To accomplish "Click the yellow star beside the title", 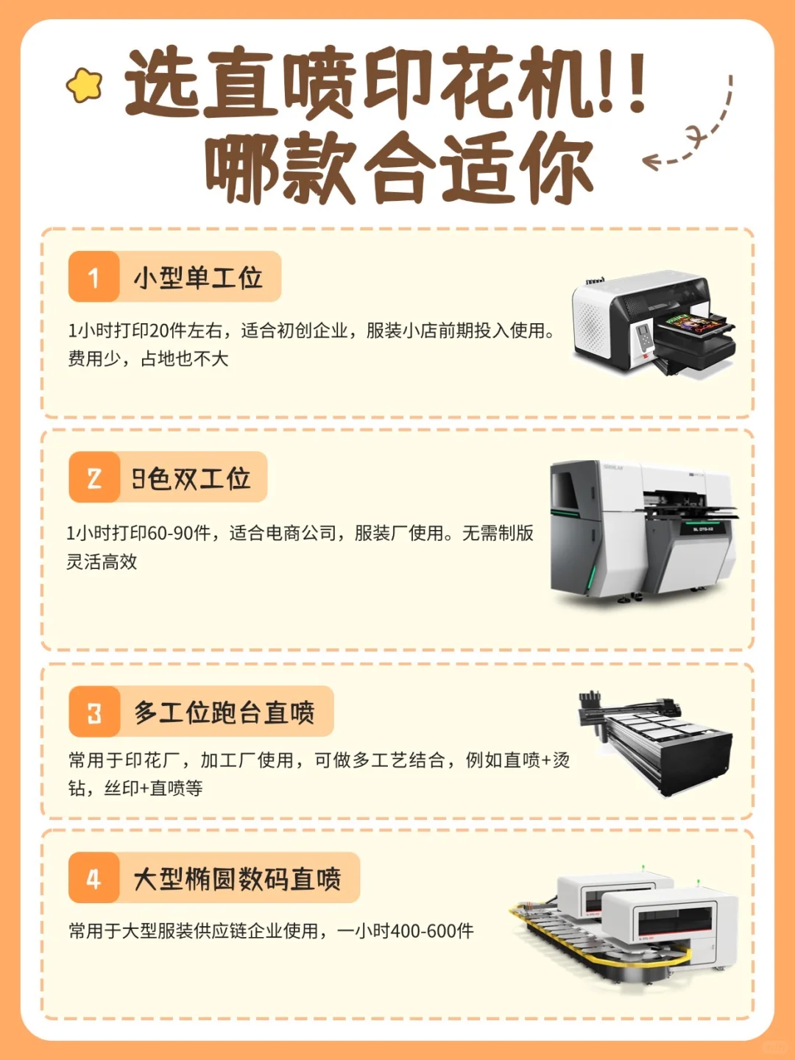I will (85, 85).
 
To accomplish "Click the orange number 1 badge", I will (93, 277).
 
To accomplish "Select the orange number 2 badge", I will (93, 478).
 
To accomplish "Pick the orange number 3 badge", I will (94, 712).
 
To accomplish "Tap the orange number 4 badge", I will (93, 878).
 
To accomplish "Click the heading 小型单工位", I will (197, 278).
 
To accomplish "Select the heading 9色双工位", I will (191, 478).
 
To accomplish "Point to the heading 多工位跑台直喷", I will (224, 713).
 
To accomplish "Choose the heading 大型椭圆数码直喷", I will (237, 879).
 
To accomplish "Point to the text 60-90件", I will (179, 533).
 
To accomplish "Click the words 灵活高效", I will (102, 562).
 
